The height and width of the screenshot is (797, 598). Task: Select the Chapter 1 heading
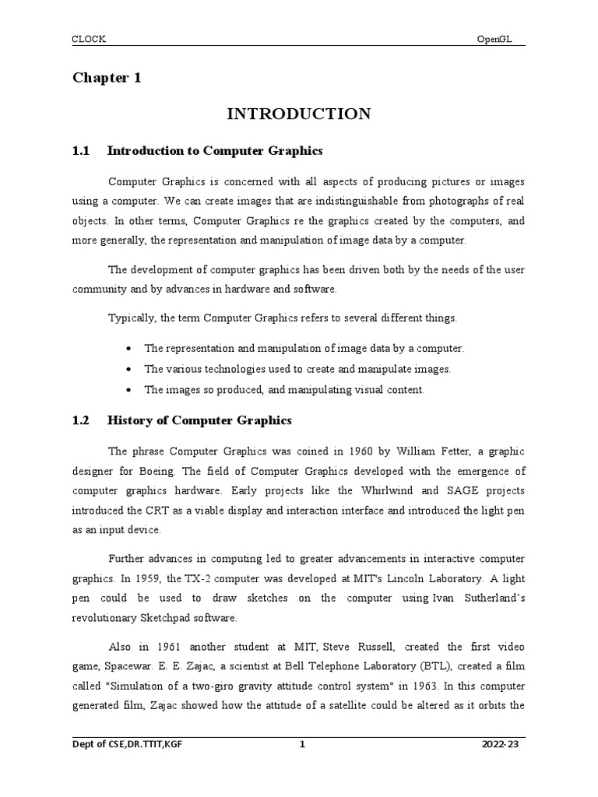107,78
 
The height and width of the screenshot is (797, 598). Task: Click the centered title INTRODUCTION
299,114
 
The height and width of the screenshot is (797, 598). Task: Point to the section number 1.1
82,150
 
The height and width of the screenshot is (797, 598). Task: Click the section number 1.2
82,420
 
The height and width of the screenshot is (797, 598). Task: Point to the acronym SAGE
445,490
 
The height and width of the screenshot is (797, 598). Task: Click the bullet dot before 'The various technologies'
128,370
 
